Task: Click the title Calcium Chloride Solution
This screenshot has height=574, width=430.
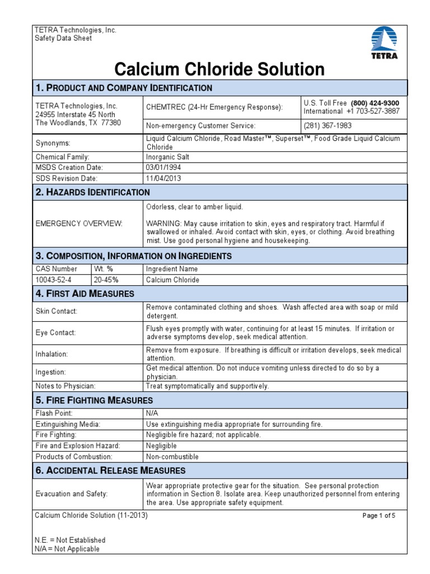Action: [x=219, y=70]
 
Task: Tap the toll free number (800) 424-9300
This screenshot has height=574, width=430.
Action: [x=375, y=103]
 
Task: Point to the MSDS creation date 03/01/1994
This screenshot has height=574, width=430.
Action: [x=163, y=168]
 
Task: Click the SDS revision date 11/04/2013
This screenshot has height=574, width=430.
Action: [x=163, y=178]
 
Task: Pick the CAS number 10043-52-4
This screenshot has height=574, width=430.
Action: [x=54, y=279]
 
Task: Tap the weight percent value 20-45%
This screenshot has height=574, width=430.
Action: [x=106, y=279]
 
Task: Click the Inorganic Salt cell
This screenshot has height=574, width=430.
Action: [x=168, y=157]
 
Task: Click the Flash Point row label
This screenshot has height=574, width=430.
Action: [x=53, y=414]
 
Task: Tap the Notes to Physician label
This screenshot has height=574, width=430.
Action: [x=66, y=386]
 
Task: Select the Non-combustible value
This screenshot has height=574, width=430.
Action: [x=172, y=456]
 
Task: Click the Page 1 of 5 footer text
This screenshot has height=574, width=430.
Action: [x=379, y=516]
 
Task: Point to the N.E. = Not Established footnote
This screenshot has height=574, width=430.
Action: [x=70, y=540]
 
